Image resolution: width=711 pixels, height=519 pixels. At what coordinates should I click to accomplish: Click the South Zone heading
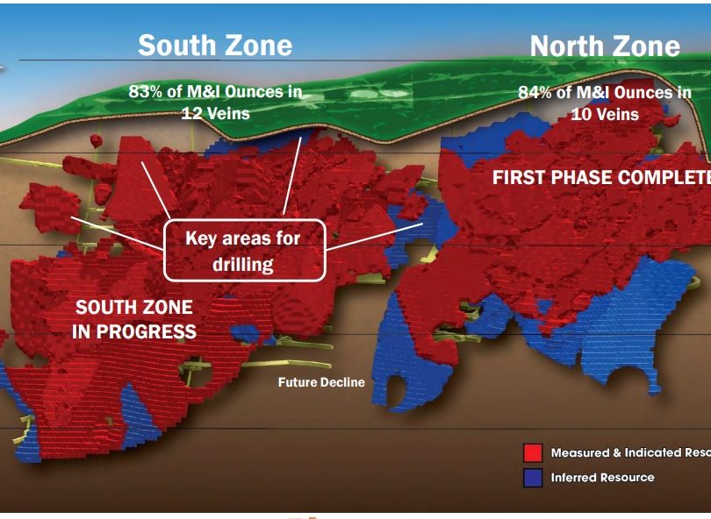point(215,46)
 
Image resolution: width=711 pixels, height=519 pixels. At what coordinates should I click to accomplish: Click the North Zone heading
point(605,46)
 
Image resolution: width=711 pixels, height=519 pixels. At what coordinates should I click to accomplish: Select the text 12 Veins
point(215,113)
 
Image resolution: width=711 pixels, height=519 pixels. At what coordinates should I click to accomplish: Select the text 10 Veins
point(605,114)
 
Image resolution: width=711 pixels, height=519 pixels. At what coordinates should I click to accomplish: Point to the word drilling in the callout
point(243,265)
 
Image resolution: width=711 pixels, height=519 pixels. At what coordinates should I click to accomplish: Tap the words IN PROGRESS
point(134,332)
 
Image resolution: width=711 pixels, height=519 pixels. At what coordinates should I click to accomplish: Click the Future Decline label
point(321,382)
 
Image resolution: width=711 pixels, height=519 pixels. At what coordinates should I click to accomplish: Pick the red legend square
point(533,452)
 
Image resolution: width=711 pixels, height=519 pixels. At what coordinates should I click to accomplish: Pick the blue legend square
point(533,478)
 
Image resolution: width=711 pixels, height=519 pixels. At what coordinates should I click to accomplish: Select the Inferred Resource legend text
point(603,477)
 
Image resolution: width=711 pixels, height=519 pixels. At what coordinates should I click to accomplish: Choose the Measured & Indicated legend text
point(631,452)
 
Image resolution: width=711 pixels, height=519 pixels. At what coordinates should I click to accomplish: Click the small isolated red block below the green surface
point(97,141)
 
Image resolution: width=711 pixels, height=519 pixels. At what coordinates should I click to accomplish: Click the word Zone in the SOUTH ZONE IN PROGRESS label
point(172,308)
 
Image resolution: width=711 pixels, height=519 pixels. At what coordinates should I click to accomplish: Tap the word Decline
point(343,382)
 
